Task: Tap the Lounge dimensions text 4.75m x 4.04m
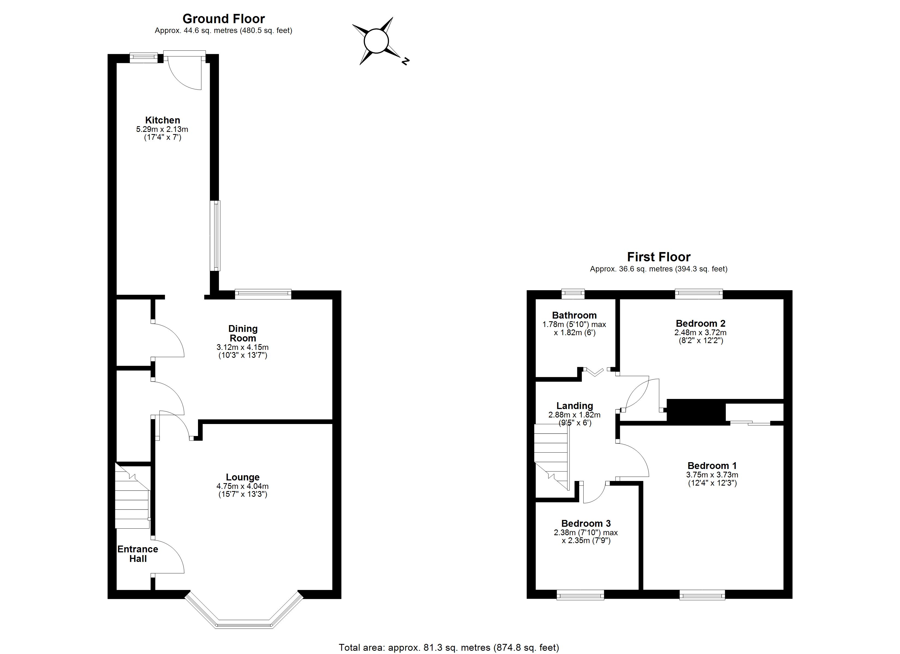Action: coord(242,486)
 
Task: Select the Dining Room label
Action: coord(243,333)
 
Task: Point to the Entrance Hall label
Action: coord(138,554)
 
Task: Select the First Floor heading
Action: coord(659,257)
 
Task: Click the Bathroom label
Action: coord(574,315)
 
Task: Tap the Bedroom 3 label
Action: coord(586,523)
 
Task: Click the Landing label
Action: coord(575,406)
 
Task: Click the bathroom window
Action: coord(573,293)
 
